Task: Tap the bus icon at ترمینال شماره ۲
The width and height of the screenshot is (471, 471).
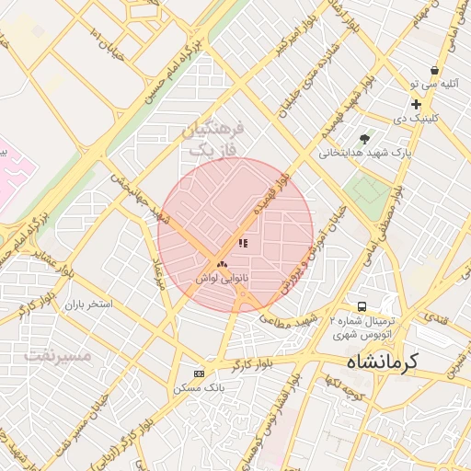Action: coord(362,305)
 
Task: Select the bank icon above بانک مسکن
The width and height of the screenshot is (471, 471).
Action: coord(200,373)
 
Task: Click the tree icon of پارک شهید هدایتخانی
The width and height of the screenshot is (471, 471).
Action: coord(366,138)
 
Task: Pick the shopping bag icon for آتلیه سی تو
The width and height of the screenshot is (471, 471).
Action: coord(434,70)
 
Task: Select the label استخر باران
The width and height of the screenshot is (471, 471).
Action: coord(86,303)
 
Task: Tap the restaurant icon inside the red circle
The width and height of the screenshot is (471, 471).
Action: coord(243,244)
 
